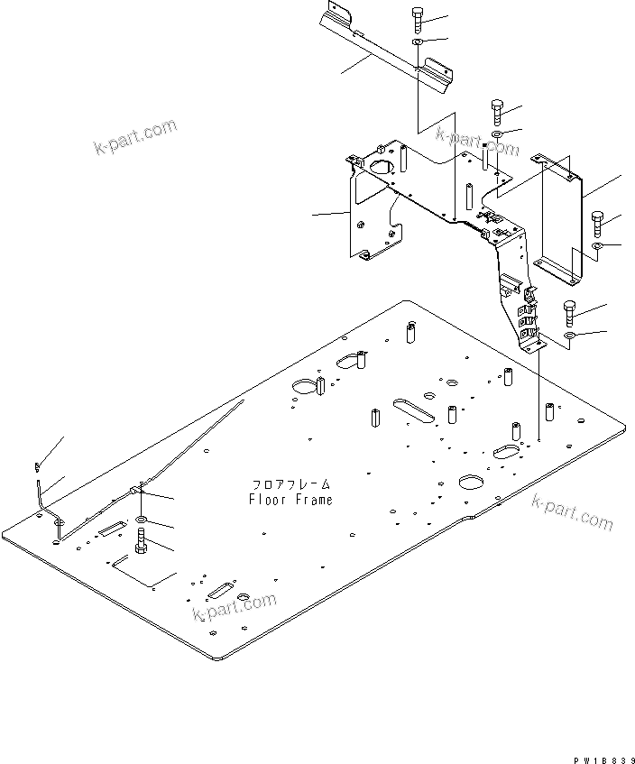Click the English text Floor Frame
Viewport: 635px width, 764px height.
pos(290,500)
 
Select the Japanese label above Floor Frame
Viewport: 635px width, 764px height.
pos(290,484)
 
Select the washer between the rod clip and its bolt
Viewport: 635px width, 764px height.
pos(143,522)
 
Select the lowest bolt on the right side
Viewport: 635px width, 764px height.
pos(570,313)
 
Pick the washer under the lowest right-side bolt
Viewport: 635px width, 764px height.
pos(570,336)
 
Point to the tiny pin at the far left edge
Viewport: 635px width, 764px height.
pos(35,466)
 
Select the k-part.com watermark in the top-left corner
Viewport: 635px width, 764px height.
pos(135,137)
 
